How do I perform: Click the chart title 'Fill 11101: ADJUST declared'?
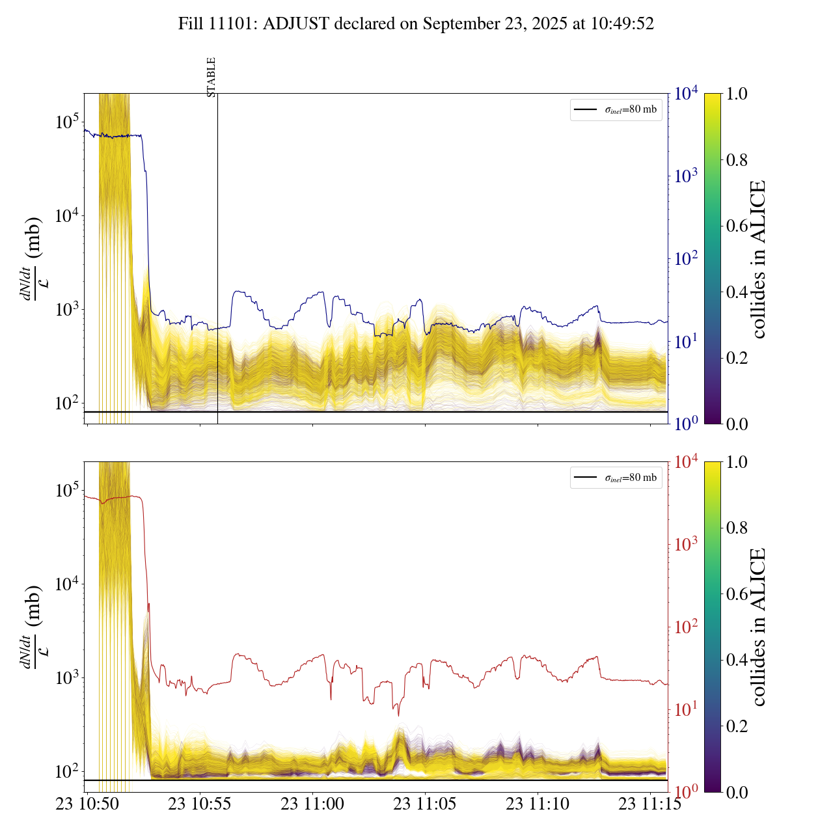pos(416,24)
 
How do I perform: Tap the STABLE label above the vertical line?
pos(211,77)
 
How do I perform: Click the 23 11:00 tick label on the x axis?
pos(312,804)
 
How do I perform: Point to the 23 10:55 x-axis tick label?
pos(200,804)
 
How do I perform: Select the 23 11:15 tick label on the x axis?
pos(650,804)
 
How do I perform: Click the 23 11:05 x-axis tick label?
pos(425,804)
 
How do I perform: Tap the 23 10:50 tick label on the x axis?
pos(87,804)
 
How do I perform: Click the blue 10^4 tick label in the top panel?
pos(686,94)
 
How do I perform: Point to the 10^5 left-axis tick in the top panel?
pos(67,122)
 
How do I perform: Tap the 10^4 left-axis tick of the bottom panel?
pos(67,584)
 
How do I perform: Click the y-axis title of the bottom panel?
pos(33,627)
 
